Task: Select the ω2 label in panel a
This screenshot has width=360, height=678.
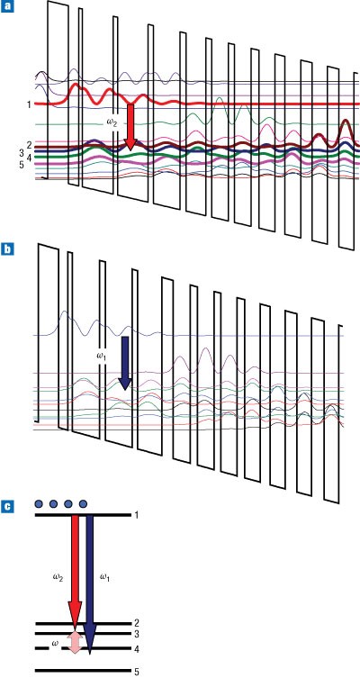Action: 112,122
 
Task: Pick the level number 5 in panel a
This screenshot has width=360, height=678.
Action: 22,165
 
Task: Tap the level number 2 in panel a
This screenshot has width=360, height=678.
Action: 29,145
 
